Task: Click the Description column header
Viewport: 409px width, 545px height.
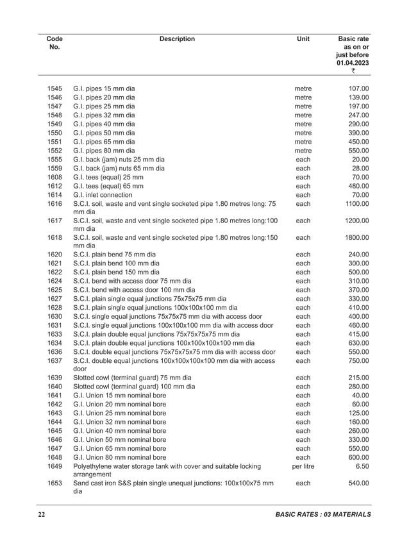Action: click(x=177, y=39)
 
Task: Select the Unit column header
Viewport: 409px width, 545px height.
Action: click(x=303, y=39)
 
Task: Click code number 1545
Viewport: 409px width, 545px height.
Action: click(x=54, y=88)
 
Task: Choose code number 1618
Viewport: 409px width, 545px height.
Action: click(x=54, y=237)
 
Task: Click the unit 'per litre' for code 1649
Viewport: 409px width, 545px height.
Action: click(x=303, y=467)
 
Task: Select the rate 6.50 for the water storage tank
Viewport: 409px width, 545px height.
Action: click(x=360, y=467)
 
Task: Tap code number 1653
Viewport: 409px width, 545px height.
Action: click(x=54, y=483)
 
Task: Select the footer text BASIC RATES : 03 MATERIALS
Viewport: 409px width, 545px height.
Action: click(x=322, y=515)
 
